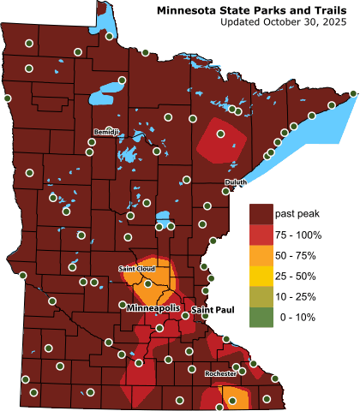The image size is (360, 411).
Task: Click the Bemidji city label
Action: pos(107,131)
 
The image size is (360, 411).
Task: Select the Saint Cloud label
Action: pos(137,269)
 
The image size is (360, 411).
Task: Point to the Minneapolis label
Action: pos(153,307)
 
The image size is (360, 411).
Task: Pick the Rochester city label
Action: pos(220,374)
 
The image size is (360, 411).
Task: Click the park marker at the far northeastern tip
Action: pos(355,93)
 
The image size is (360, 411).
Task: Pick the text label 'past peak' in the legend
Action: pos(296,212)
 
